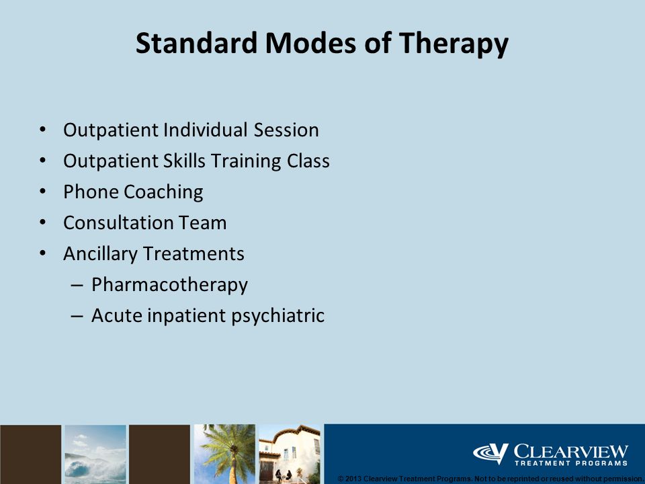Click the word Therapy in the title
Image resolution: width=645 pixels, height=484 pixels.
[454, 44]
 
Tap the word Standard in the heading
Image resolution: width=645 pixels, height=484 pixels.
[196, 42]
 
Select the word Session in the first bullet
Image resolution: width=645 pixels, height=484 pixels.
[286, 130]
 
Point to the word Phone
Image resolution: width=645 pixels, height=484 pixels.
[91, 192]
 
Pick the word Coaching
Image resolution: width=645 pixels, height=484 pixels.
[163, 192]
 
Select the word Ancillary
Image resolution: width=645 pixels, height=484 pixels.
[100, 254]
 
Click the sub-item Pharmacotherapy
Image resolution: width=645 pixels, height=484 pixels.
[169, 285]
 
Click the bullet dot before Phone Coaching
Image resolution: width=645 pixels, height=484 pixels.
[43, 192]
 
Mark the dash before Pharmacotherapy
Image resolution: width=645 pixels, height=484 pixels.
[77, 285]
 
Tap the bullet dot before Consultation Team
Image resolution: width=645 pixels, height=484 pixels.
[43, 223]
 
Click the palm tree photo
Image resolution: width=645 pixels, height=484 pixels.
[224, 454]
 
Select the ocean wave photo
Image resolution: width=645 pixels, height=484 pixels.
[95, 454]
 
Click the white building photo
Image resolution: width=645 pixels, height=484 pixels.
[289, 454]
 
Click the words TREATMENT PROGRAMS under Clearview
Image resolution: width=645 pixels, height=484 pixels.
[571, 463]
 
